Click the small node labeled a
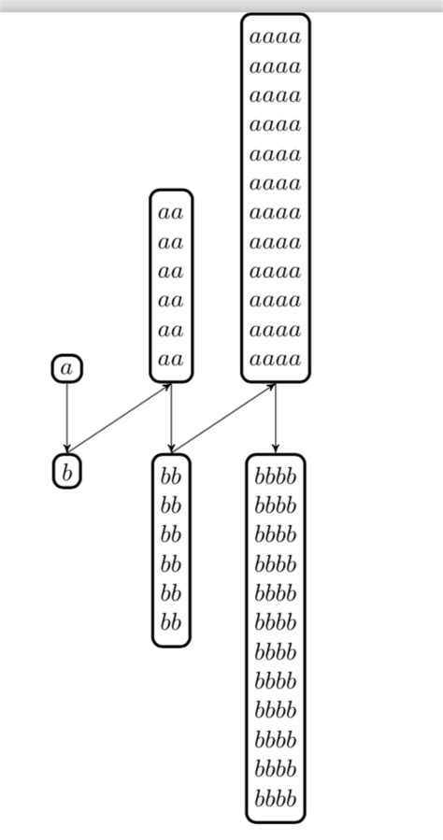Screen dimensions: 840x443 pyautogui.click(x=66, y=369)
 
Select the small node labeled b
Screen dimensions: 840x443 pyautogui.click(x=66, y=472)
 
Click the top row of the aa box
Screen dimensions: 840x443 pyautogui.click(x=171, y=213)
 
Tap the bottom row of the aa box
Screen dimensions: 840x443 pyautogui.click(x=171, y=359)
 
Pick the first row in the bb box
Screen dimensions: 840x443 pyautogui.click(x=171, y=477)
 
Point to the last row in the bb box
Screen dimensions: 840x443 pyautogui.click(x=171, y=622)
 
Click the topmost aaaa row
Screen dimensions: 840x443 pyautogui.click(x=276, y=37)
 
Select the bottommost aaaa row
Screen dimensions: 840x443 pyautogui.click(x=276, y=359)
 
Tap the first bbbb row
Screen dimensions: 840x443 pyautogui.click(x=276, y=477)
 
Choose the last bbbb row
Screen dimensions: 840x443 pyautogui.click(x=276, y=800)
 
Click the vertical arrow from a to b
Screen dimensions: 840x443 pyautogui.click(x=66, y=416)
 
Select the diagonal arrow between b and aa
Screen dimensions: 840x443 pyautogui.click(x=119, y=419)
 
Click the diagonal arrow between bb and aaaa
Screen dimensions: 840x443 pyautogui.click(x=223, y=419)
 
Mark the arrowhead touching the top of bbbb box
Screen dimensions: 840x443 pyautogui.click(x=276, y=449)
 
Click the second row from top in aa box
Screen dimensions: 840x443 pyautogui.click(x=171, y=242)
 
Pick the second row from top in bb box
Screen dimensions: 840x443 pyautogui.click(x=171, y=505)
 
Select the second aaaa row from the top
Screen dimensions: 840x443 pyautogui.click(x=276, y=66)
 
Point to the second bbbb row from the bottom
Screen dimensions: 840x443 pyautogui.click(x=276, y=771)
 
